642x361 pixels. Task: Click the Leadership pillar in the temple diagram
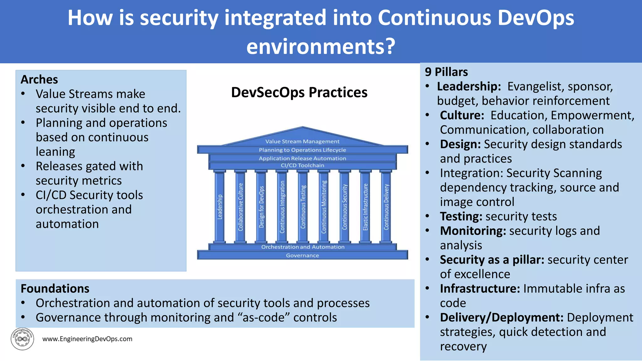(219, 207)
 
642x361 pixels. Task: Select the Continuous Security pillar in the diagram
(345, 207)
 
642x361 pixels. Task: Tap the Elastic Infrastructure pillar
(365, 207)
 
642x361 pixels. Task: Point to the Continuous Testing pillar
(303, 207)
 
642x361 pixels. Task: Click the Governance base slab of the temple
(303, 255)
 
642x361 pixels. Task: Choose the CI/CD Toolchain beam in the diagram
(303, 165)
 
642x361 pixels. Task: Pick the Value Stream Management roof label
(302, 141)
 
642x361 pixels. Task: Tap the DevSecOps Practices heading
(299, 92)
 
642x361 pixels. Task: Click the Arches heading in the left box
(39, 80)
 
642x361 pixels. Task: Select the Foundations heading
(55, 289)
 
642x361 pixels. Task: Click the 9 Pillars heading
(446, 72)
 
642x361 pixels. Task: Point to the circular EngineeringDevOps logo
(22, 339)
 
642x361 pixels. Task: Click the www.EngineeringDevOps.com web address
(87, 339)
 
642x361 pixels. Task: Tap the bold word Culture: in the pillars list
(462, 115)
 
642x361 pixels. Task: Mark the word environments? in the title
(321, 46)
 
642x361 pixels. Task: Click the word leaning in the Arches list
(55, 152)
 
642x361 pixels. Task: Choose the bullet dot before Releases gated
(23, 166)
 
